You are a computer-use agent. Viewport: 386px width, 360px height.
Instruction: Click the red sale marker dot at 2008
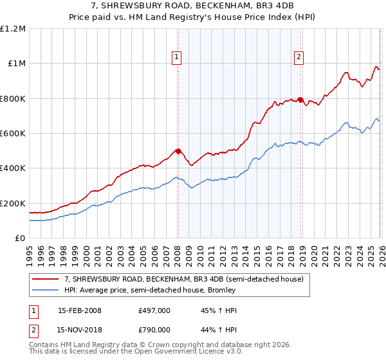pyautogui.click(x=178, y=151)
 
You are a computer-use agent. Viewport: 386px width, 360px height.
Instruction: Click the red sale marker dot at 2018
pyautogui.click(x=300, y=100)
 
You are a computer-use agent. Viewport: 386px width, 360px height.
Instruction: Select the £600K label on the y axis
pyautogui.click(x=13, y=134)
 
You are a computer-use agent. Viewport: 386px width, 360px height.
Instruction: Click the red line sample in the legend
pyautogui.click(x=46, y=279)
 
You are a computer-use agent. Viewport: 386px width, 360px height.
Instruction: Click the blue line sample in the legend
pyautogui.click(x=46, y=290)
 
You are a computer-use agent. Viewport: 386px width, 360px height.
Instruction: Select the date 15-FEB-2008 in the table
pyautogui.click(x=79, y=310)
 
